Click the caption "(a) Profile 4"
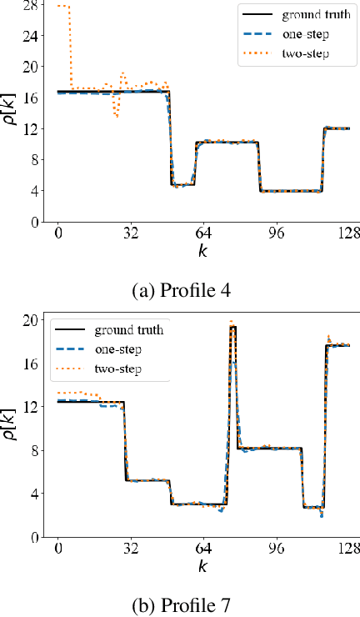tap(179, 292)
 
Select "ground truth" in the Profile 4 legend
tap(315, 14)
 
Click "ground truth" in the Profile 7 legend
tap(128, 330)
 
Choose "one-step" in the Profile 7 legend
tap(120, 349)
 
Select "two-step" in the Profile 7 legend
tap(120, 369)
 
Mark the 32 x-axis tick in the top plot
tap(130, 233)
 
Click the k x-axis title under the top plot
tap(202, 250)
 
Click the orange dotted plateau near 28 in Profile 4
tap(62, 7)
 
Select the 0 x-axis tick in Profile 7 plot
tap(57, 548)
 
